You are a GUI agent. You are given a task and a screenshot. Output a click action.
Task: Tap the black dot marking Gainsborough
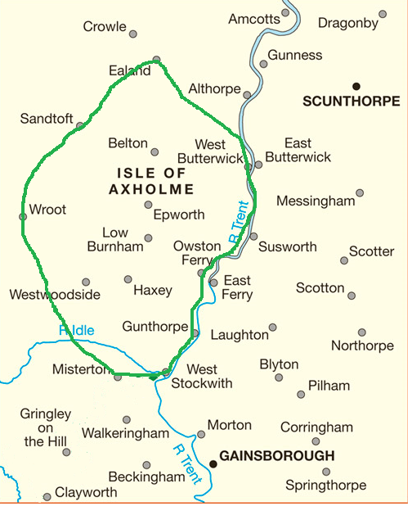point(213,463)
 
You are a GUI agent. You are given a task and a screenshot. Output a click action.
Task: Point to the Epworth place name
point(179,215)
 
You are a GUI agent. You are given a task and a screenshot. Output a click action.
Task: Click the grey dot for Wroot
point(22,217)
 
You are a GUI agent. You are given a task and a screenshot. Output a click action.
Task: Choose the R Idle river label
point(76,331)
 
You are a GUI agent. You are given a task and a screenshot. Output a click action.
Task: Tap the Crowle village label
point(105,27)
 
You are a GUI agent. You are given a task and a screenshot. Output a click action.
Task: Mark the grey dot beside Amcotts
point(286,13)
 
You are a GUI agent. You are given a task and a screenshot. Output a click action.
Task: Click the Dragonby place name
point(348,23)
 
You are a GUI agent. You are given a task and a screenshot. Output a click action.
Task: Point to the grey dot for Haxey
point(128,279)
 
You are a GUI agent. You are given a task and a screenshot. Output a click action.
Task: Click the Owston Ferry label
point(196,253)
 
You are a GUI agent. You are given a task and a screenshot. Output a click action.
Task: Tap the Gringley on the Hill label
point(47,428)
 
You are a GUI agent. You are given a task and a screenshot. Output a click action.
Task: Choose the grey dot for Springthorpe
point(326,472)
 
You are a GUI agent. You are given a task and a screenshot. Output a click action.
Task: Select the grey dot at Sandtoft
point(80,125)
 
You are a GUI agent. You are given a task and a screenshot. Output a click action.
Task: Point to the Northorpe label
point(362,346)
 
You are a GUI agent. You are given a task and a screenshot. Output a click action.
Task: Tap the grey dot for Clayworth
point(47,496)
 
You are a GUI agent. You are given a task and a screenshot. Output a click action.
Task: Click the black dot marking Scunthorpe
point(356,85)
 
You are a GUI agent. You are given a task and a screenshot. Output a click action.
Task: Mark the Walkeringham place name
point(126,433)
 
